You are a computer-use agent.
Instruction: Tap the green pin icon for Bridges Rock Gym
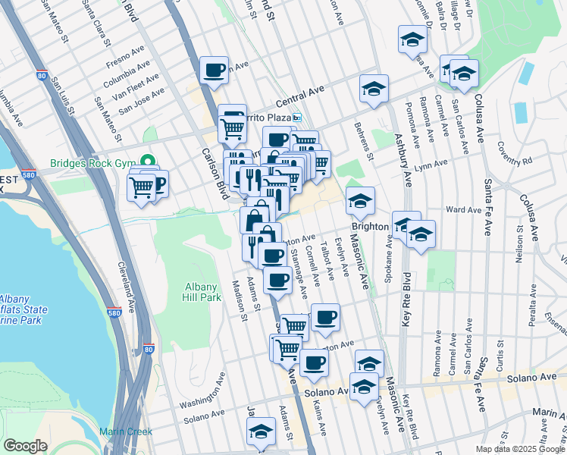[149, 163]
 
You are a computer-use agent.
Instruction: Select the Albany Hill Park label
[202, 291]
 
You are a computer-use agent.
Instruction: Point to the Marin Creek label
[126, 431]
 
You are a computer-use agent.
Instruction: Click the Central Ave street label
[300, 96]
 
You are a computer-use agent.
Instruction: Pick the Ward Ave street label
[464, 210]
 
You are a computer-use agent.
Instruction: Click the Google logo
[24, 446]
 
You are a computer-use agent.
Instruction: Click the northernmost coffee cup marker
[214, 71]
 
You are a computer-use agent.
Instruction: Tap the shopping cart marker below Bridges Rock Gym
[141, 187]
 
